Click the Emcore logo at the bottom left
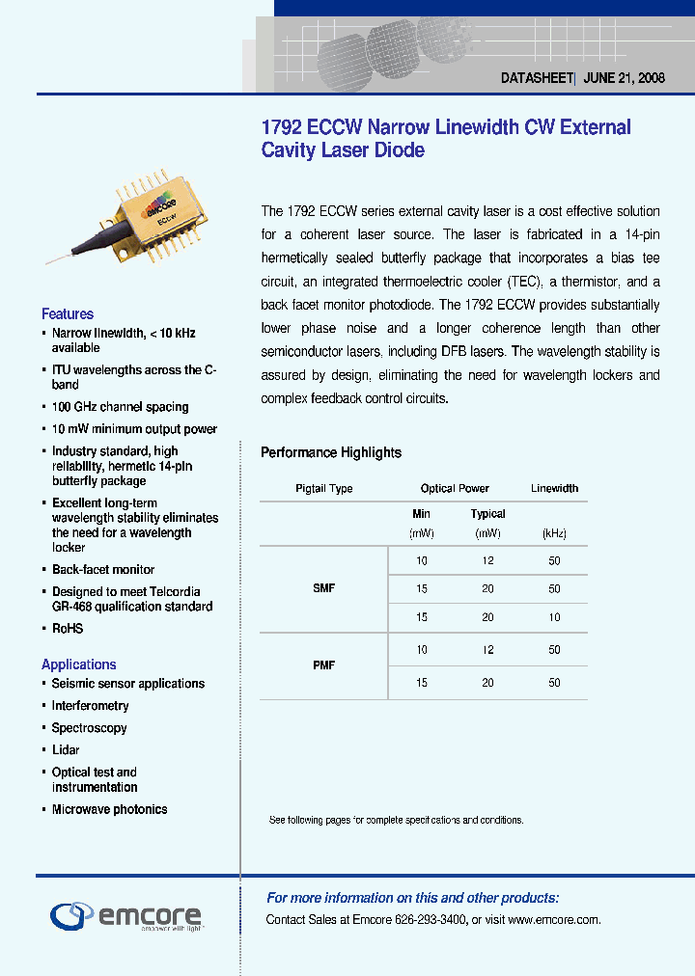[x=125, y=915]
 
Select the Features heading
[x=68, y=313]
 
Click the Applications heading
[x=78, y=664]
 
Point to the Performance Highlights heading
[x=331, y=452]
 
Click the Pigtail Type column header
[x=323, y=489]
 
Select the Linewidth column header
[x=554, y=489]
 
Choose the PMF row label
[x=323, y=665]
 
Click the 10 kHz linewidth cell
[x=554, y=617]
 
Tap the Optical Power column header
[x=455, y=489]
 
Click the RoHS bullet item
[x=68, y=629]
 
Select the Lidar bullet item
[x=66, y=750]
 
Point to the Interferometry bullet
[x=90, y=706]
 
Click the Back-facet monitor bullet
[x=103, y=570]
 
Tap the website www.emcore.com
[x=553, y=920]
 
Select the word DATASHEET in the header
[x=537, y=79]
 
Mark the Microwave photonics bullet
[x=109, y=810]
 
